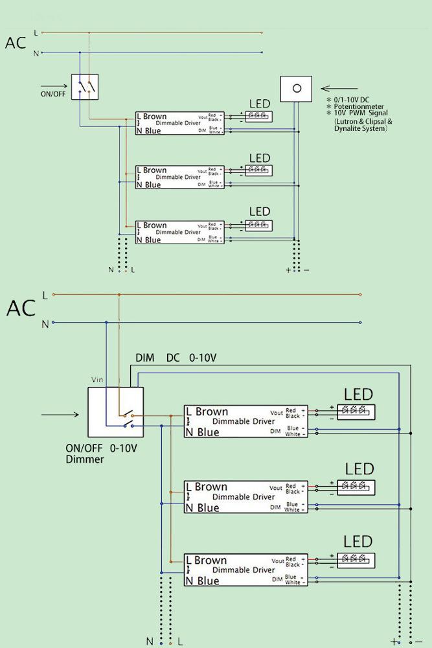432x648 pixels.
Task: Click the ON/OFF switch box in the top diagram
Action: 85,86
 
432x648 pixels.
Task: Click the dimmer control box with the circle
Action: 296,89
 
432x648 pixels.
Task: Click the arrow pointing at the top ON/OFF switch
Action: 54,86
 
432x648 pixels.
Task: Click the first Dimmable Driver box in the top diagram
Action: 180,123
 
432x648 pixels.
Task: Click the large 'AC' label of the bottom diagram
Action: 21,308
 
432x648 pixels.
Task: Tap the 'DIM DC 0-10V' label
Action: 176,358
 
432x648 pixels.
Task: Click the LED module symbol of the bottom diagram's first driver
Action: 354,411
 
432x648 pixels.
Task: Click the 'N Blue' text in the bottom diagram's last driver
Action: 202,581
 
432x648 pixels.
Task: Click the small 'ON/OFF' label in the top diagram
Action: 53,93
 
